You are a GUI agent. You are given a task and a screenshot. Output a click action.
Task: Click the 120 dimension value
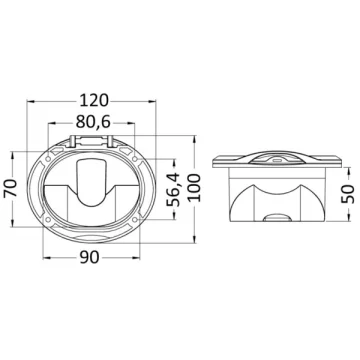(94, 100)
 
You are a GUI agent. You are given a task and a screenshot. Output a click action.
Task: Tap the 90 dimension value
(90, 257)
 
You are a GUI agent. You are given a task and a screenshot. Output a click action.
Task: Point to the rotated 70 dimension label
(11, 188)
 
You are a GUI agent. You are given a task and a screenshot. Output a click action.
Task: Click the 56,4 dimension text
(173, 189)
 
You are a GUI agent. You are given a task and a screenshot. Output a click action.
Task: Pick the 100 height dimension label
(194, 188)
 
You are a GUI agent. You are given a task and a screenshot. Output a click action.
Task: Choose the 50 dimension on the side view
(348, 194)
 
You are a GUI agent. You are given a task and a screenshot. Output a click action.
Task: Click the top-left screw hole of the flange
(48, 158)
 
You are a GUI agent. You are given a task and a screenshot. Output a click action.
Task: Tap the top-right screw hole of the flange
(135, 158)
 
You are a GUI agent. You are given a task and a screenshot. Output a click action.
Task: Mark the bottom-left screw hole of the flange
(48, 220)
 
